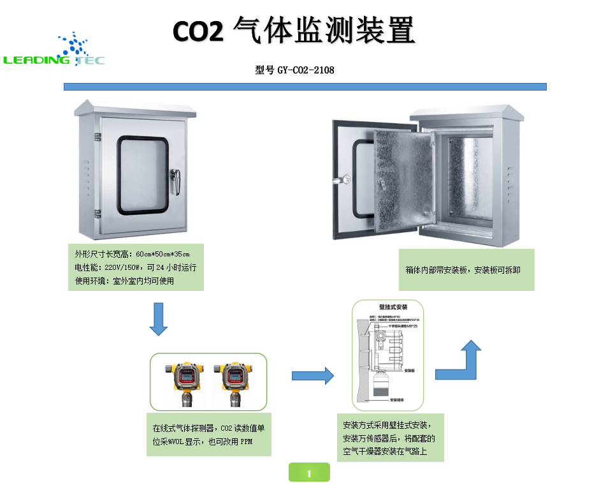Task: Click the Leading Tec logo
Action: tap(54, 51)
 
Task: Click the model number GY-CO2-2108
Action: tap(305, 70)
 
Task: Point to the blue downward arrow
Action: tap(158, 319)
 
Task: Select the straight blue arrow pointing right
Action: tap(313, 376)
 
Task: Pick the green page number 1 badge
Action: tap(309, 473)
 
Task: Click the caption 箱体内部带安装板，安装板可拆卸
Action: tap(463, 270)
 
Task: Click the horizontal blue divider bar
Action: tap(305, 86)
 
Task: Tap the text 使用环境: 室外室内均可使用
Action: tap(124, 281)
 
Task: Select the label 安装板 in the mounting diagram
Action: tap(410, 370)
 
